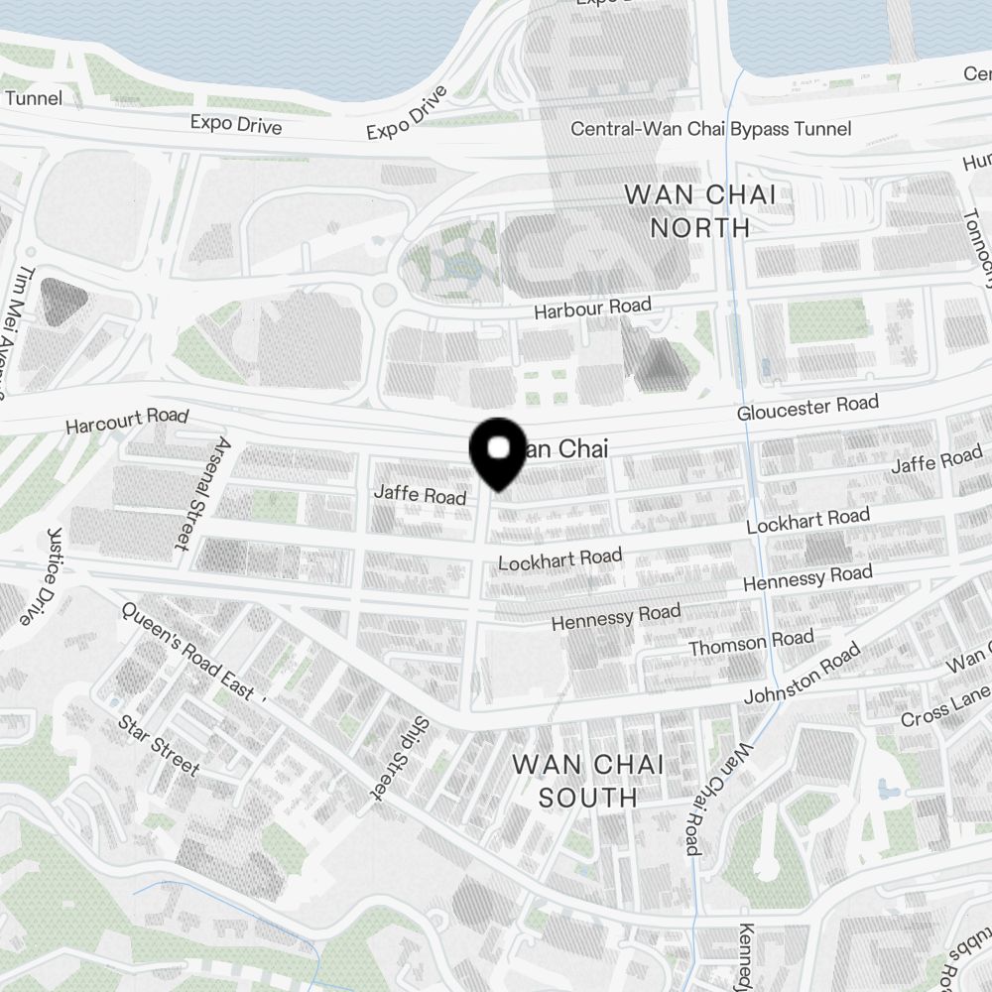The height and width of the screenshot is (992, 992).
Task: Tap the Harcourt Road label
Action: pos(126,421)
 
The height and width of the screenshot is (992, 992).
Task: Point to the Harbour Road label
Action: pos(592,309)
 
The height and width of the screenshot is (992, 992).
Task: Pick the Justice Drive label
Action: pos(40,575)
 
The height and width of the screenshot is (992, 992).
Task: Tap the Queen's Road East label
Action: pos(187,653)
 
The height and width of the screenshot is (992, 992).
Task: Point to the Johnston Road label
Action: pos(803,675)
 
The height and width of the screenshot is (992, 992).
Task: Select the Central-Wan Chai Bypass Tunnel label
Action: pos(710,129)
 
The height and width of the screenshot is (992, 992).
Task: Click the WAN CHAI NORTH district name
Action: pos(700,210)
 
